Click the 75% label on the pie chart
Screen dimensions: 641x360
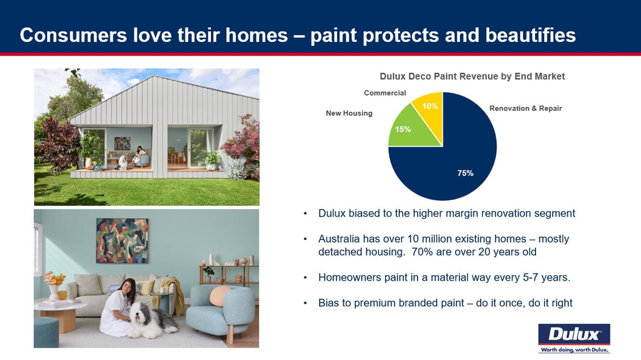click(x=465, y=173)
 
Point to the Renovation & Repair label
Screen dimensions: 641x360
click(x=525, y=108)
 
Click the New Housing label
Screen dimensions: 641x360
click(x=349, y=114)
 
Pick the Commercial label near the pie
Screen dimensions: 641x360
click(x=384, y=93)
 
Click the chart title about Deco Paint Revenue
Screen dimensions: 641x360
click(x=472, y=77)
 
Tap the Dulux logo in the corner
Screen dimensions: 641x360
click(x=574, y=338)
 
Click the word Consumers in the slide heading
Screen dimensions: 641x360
click(x=73, y=35)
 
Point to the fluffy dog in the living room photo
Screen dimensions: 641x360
click(x=152, y=320)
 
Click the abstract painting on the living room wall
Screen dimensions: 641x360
click(x=122, y=241)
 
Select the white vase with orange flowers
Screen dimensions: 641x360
click(x=55, y=286)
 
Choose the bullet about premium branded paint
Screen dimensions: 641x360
click(x=445, y=303)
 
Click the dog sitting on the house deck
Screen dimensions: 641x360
click(x=122, y=162)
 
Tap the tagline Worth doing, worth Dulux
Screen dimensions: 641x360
click(x=575, y=350)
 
